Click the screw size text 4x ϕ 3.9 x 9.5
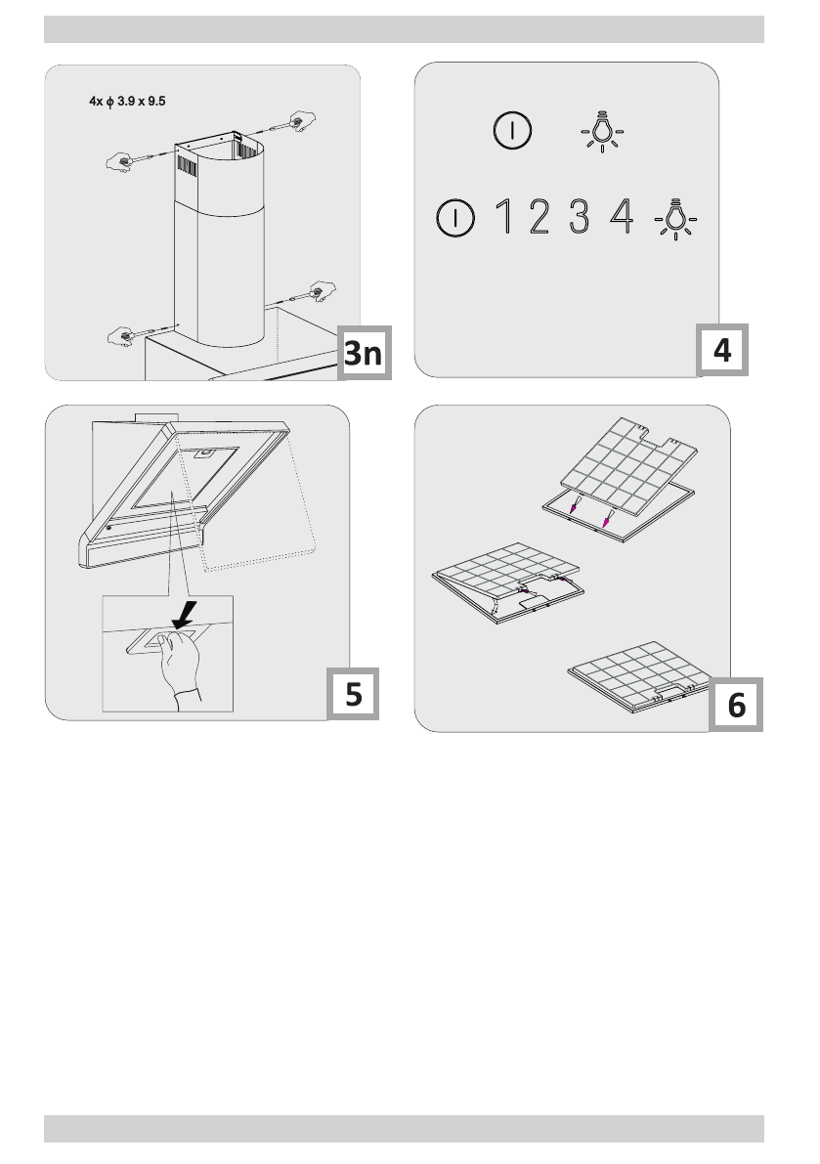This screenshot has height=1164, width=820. point(127,101)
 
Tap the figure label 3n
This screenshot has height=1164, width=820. point(364,353)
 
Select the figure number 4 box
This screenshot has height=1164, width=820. point(722,350)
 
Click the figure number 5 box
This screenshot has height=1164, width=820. point(353,693)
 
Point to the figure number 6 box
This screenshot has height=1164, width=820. point(736,705)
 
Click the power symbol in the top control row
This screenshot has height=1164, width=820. point(512,131)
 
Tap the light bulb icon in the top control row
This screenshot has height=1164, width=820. point(602,131)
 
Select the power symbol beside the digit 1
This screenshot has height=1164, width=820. point(454,218)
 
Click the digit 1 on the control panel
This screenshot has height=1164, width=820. point(504,217)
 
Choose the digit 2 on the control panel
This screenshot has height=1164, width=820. point(539,217)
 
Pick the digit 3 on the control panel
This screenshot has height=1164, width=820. point(579,217)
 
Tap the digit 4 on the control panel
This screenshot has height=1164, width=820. point(622,217)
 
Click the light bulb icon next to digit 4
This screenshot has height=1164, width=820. point(675,219)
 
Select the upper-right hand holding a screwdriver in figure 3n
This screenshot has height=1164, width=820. point(301,122)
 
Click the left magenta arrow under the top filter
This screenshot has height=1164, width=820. point(573,505)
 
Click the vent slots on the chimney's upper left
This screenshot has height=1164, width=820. point(187,165)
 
